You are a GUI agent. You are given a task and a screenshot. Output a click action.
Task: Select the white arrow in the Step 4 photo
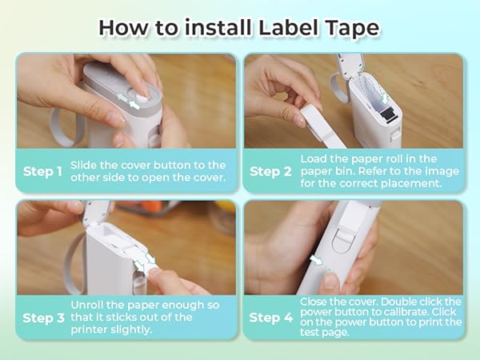pos(318,261)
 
